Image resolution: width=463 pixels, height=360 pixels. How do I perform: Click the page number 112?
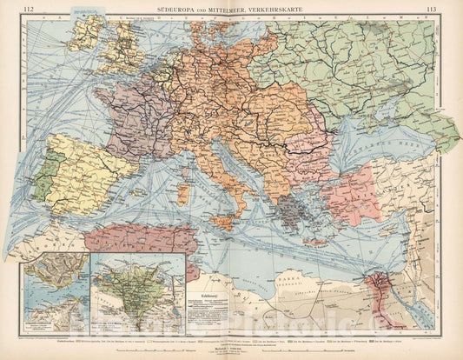[x=29, y=10]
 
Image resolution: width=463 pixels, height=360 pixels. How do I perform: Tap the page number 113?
[x=433, y=10]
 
